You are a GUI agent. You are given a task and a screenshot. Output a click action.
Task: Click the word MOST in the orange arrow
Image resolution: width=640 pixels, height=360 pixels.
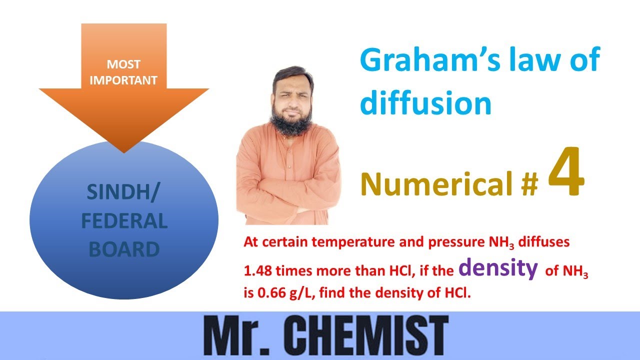(x=123, y=64)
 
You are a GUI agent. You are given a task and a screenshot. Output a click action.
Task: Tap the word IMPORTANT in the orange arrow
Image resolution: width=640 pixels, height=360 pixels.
(x=123, y=80)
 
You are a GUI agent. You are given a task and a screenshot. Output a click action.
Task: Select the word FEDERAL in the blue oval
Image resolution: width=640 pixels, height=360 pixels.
(x=124, y=221)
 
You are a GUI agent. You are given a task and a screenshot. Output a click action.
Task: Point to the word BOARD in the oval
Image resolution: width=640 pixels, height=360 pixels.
(x=124, y=248)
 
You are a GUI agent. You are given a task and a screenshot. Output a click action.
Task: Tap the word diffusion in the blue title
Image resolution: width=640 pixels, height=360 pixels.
(x=426, y=103)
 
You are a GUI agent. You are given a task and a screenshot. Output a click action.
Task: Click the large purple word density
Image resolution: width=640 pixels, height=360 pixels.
(x=498, y=268)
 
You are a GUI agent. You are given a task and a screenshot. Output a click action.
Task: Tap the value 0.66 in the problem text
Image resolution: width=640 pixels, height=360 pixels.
(x=269, y=293)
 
